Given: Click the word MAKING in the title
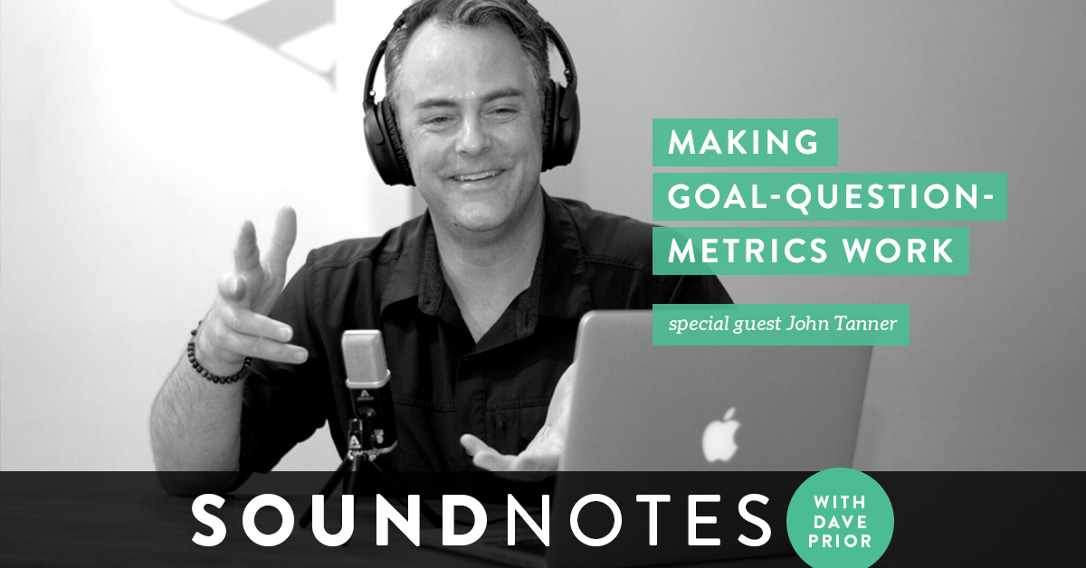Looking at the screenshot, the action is [744, 143].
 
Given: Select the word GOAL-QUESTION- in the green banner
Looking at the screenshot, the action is [829, 197].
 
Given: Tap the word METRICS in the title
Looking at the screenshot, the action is [748, 251].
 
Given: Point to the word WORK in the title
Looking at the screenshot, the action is [898, 251].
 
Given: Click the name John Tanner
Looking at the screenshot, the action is [841, 323].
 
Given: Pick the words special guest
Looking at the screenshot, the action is [724, 324].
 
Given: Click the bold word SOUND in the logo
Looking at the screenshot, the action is [340, 520].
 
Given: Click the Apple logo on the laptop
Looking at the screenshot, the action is [721, 435].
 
